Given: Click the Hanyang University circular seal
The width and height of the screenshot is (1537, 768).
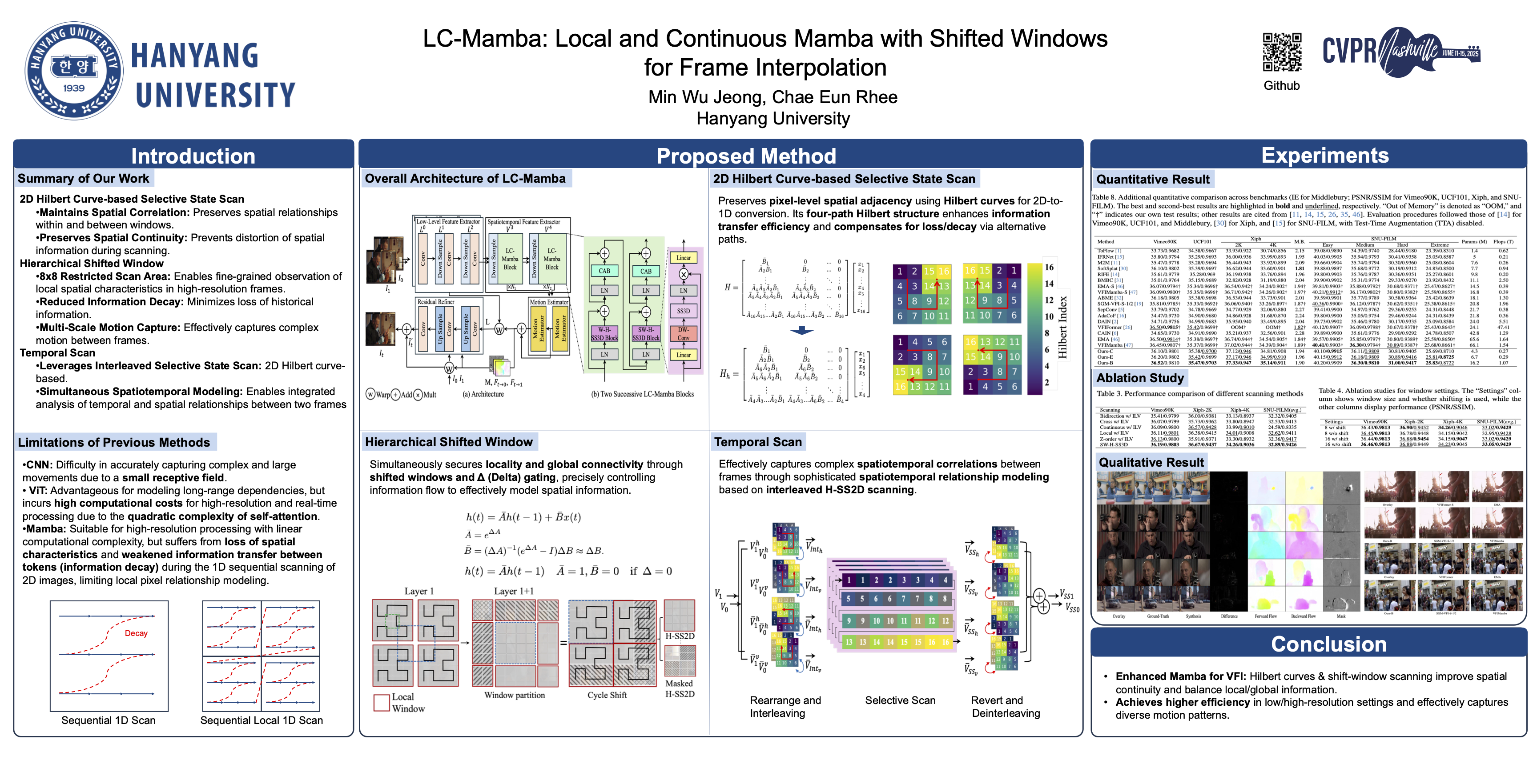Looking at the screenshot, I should [x=73, y=70].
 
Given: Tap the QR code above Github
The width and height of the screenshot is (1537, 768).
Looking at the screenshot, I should [x=1282, y=52].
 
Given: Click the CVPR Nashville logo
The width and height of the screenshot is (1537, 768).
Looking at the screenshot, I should [x=1401, y=52].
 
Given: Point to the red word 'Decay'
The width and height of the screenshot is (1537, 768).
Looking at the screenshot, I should [x=136, y=633].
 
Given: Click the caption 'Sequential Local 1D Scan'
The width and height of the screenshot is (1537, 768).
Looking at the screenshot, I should [x=262, y=720].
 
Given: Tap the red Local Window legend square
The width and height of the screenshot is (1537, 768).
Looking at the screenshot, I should [x=381, y=702].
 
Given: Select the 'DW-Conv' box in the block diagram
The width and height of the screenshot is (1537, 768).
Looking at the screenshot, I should [x=683, y=333].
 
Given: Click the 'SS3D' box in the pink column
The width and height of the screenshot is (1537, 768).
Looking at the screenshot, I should [x=683, y=311].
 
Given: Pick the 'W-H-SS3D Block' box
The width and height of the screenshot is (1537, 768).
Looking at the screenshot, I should [x=604, y=333].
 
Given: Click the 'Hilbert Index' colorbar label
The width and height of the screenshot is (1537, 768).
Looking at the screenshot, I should [x=1062, y=327].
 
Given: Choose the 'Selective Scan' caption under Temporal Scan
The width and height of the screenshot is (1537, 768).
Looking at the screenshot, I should [x=900, y=700].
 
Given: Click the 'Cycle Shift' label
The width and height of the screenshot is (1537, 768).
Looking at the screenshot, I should [x=607, y=695].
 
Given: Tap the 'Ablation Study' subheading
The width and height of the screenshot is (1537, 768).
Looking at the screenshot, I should [x=1139, y=378].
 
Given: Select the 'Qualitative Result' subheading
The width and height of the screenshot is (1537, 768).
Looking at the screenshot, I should [x=1151, y=463].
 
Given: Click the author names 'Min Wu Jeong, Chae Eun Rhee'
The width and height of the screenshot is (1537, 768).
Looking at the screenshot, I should [x=773, y=97].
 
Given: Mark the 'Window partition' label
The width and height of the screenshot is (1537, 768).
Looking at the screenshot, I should [x=514, y=695].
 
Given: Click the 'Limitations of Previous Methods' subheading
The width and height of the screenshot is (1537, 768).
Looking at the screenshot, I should [x=114, y=442].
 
